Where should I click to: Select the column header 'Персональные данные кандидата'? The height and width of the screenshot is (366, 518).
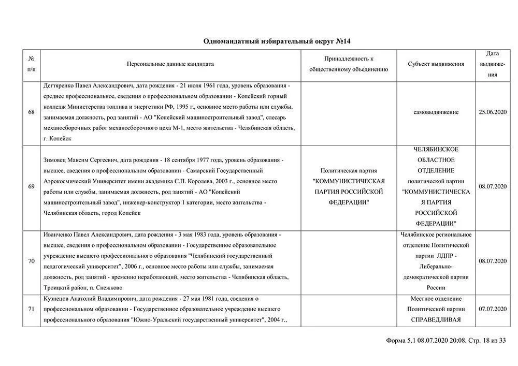click(x=170, y=64)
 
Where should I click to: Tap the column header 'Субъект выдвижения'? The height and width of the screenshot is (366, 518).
click(x=436, y=64)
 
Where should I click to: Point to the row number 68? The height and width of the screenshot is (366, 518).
click(x=32, y=112)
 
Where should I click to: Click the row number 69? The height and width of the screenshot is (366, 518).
click(x=32, y=186)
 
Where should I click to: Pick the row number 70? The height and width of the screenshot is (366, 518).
click(x=32, y=261)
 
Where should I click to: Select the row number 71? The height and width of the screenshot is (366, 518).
click(x=32, y=309)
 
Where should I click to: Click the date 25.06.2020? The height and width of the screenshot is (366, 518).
click(x=493, y=112)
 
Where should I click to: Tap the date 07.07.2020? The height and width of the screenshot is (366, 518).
click(x=493, y=309)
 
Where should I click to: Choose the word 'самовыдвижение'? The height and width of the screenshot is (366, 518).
click(x=436, y=112)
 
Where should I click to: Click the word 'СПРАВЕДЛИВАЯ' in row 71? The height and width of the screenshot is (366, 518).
click(x=436, y=319)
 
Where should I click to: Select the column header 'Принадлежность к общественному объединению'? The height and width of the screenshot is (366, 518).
click(x=349, y=64)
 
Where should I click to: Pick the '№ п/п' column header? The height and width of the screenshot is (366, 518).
click(x=32, y=64)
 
